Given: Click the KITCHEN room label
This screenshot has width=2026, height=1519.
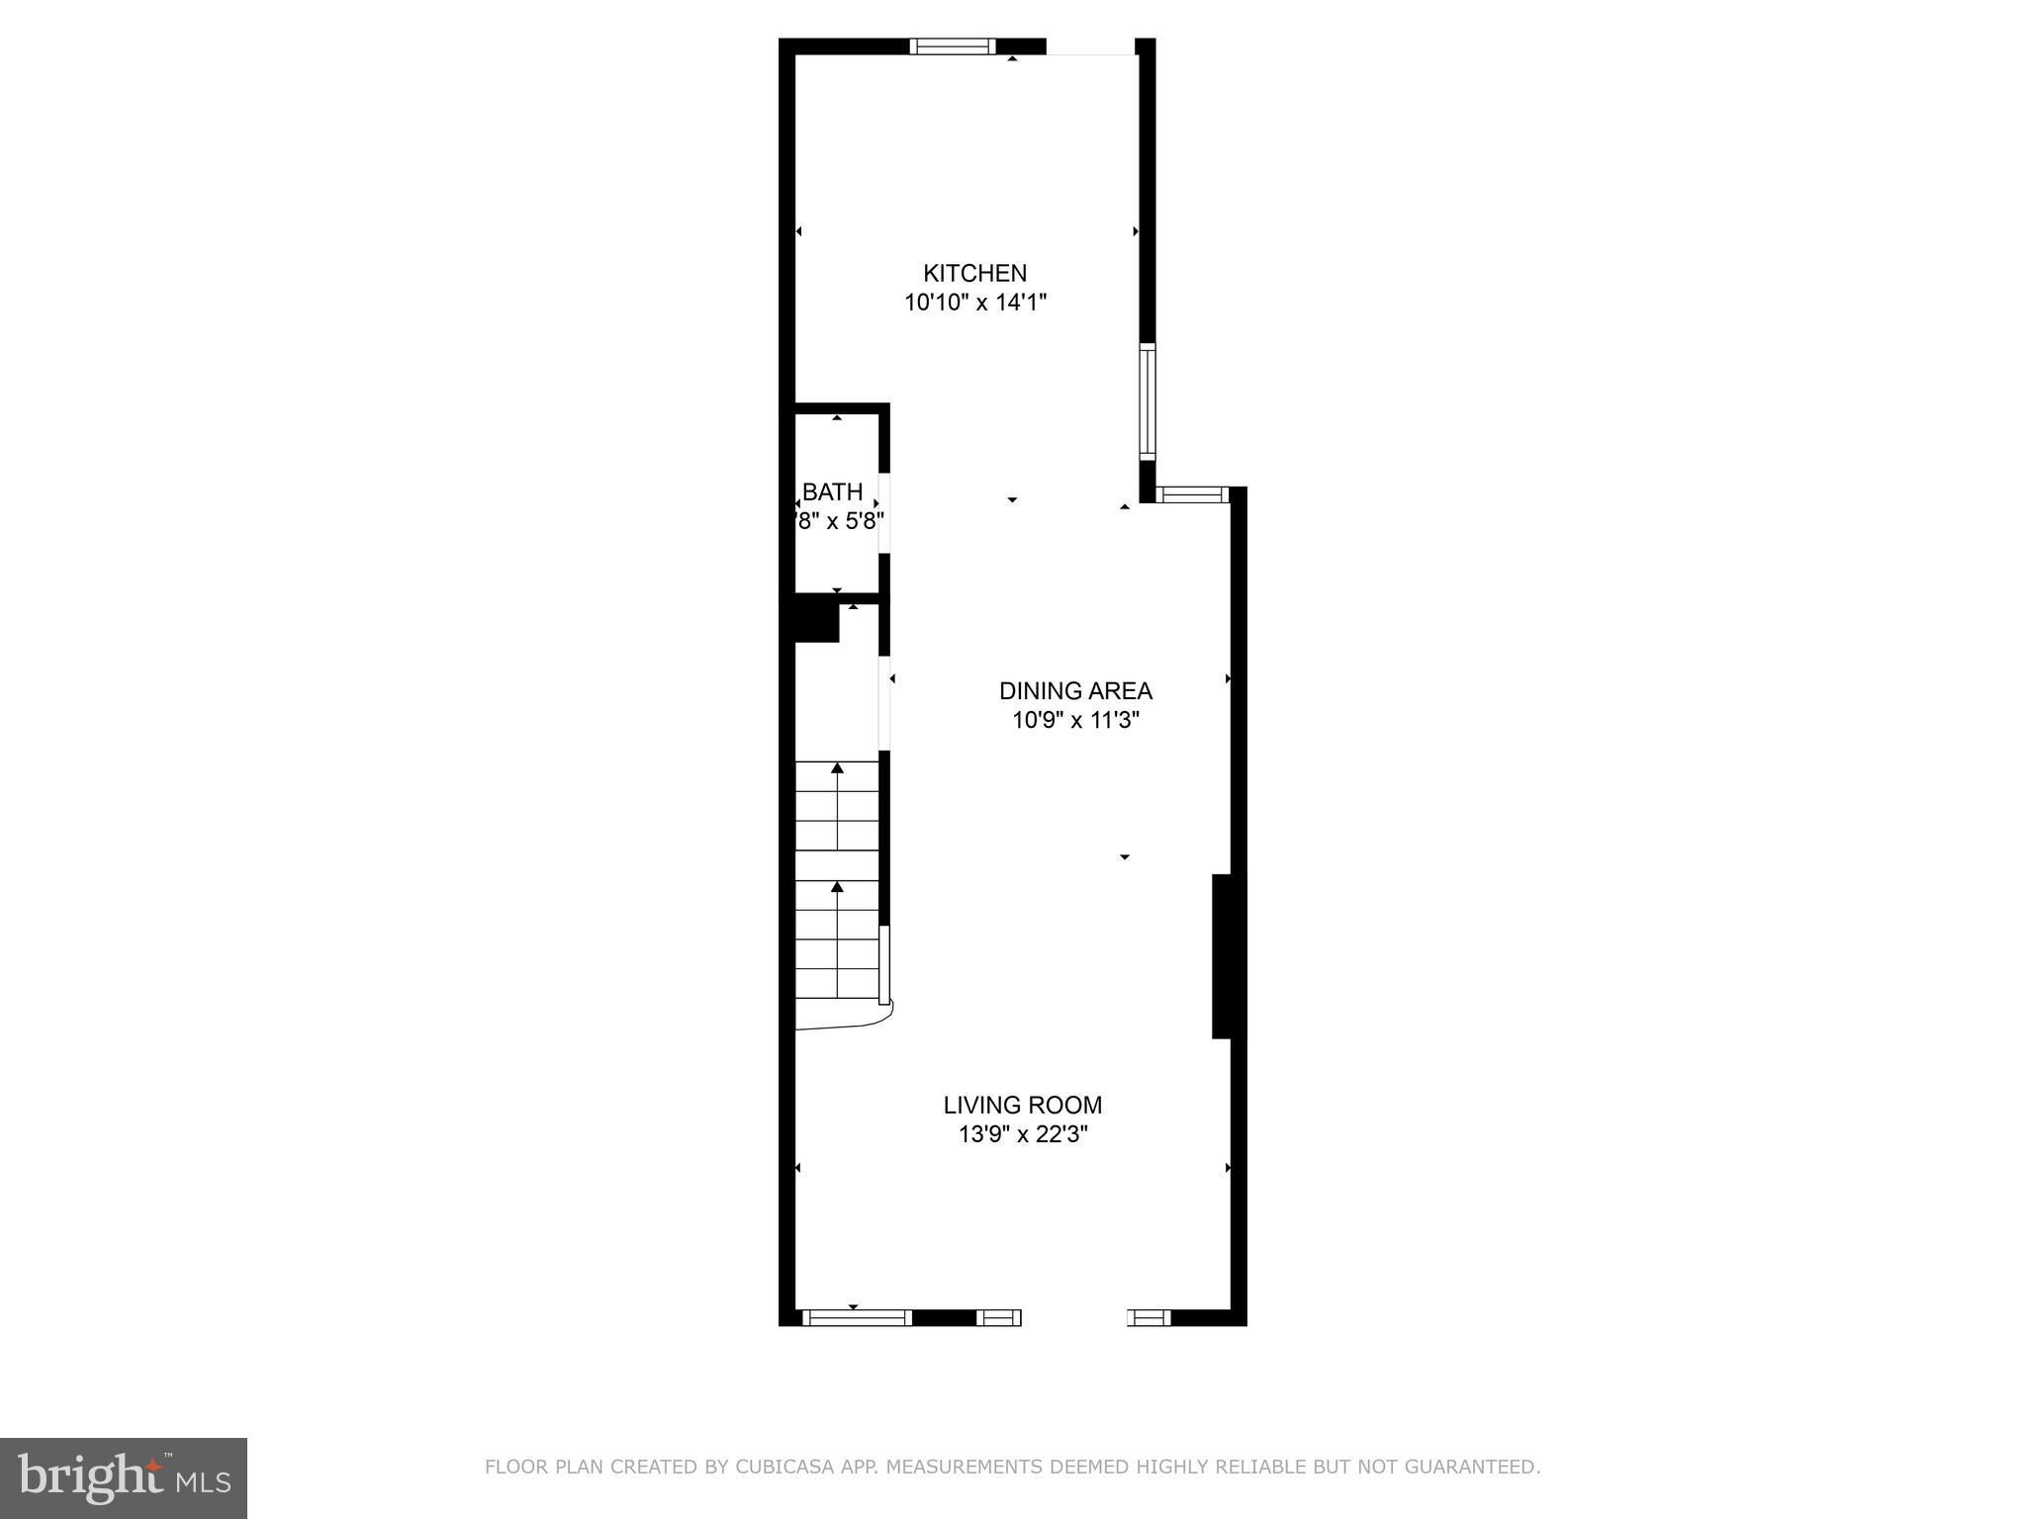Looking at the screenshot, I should [974, 273].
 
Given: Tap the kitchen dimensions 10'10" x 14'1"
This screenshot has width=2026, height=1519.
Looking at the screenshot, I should [974, 303].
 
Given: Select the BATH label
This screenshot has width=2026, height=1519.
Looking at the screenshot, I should [832, 491].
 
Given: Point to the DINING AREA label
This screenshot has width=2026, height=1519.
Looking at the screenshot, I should [1075, 691].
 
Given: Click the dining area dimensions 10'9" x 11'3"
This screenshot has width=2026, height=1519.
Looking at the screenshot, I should [1075, 721].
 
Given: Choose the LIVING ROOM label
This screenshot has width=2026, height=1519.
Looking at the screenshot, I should [1022, 1105].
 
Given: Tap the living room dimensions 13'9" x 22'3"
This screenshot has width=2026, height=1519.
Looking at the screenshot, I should [1022, 1134].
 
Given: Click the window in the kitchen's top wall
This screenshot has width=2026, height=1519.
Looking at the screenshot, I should [952, 45].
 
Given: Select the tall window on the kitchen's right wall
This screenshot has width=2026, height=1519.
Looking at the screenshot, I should [1147, 401].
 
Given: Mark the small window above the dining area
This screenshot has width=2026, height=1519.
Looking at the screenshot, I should [1192, 494].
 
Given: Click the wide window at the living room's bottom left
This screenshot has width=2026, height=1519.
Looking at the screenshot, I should [856, 1317].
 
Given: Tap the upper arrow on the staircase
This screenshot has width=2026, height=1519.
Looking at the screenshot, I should [838, 768].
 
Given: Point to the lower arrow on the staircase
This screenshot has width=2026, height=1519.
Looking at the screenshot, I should [838, 887].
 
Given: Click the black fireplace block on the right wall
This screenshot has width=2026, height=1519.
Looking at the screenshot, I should [1223, 956].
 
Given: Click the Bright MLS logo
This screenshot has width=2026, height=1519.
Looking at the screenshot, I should [124, 1477].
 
